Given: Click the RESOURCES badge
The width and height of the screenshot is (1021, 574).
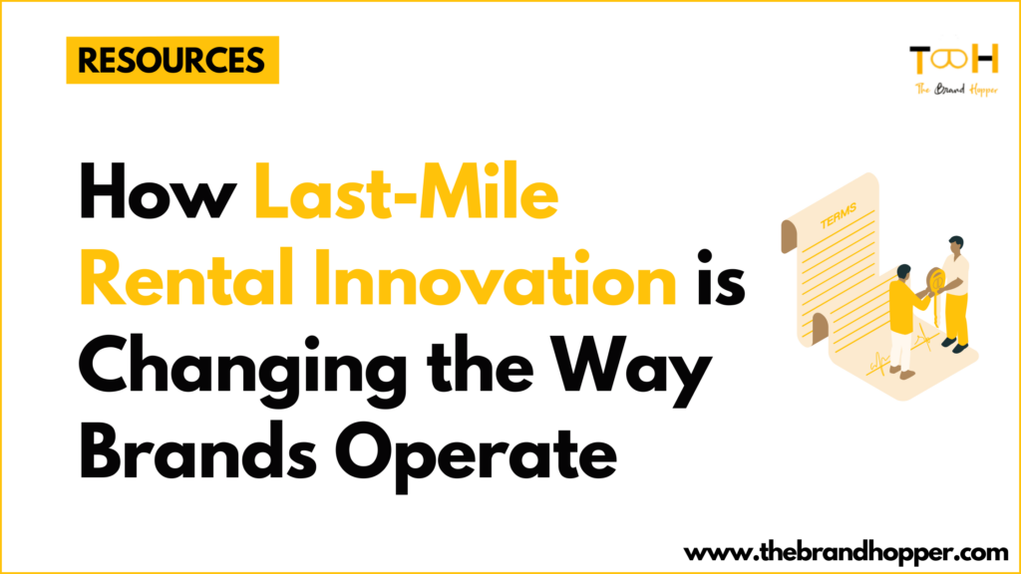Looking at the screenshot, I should [171, 61].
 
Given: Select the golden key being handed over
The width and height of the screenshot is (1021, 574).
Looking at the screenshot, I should [934, 285].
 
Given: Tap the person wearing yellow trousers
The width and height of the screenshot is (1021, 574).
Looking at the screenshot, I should [955, 294].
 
